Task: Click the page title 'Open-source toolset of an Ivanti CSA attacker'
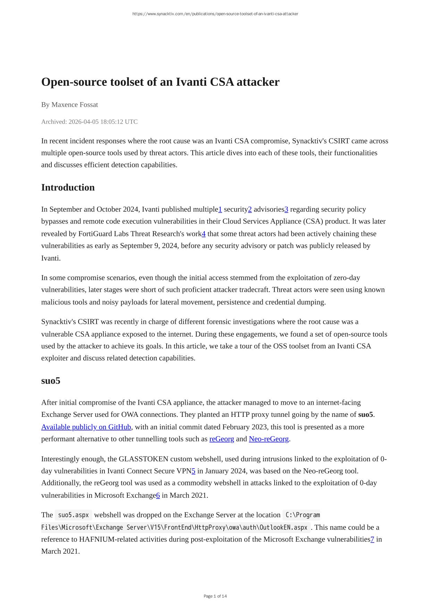160,82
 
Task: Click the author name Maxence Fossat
75,105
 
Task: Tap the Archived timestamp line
89,122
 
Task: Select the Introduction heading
68,188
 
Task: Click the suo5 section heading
51,381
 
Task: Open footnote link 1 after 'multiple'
220,209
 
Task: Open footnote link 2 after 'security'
250,209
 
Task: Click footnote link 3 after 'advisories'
286,209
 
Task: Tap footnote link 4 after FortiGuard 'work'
204,234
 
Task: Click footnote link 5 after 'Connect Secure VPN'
194,471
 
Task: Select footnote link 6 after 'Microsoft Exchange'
158,495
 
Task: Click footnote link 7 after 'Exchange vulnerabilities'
372,539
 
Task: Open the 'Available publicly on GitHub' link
86,427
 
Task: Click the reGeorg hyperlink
221,439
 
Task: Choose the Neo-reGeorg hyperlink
269,439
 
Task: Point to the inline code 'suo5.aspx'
73,515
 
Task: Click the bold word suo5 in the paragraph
365,415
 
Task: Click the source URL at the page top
215,14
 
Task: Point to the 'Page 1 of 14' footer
215,596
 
